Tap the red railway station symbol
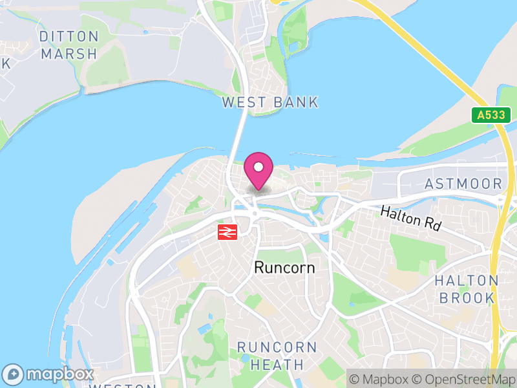coord(227,232)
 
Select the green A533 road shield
coord(491,115)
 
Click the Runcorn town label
coord(284,267)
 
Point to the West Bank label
coord(270,102)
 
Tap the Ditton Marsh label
coord(69,45)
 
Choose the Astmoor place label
coord(463,184)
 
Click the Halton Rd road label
coord(410,219)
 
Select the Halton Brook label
coord(466,289)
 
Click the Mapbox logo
coord(49,374)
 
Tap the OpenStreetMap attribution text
coord(464,378)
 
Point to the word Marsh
coord(69,54)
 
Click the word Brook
coord(466,298)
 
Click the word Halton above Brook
coord(466,281)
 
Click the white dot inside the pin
coord(258,167)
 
